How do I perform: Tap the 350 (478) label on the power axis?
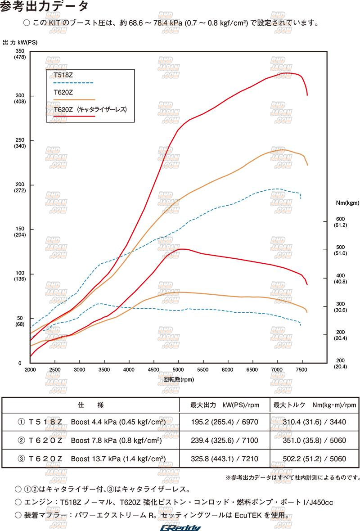pyautogui.click(x=20, y=54)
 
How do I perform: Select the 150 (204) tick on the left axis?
pyautogui.click(x=20, y=232)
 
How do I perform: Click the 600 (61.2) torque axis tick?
pyautogui.click(x=340, y=222)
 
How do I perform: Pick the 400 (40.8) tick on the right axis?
pyautogui.click(x=340, y=279)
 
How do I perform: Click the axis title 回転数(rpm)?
pyautogui.click(x=179, y=379)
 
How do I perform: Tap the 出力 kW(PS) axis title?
pyautogui.click(x=20, y=42)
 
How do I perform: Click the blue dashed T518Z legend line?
pyautogui.click(x=73, y=83)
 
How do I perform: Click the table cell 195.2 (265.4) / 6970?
pyautogui.click(x=224, y=422)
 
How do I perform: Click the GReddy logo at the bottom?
pyautogui.click(x=181, y=527)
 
